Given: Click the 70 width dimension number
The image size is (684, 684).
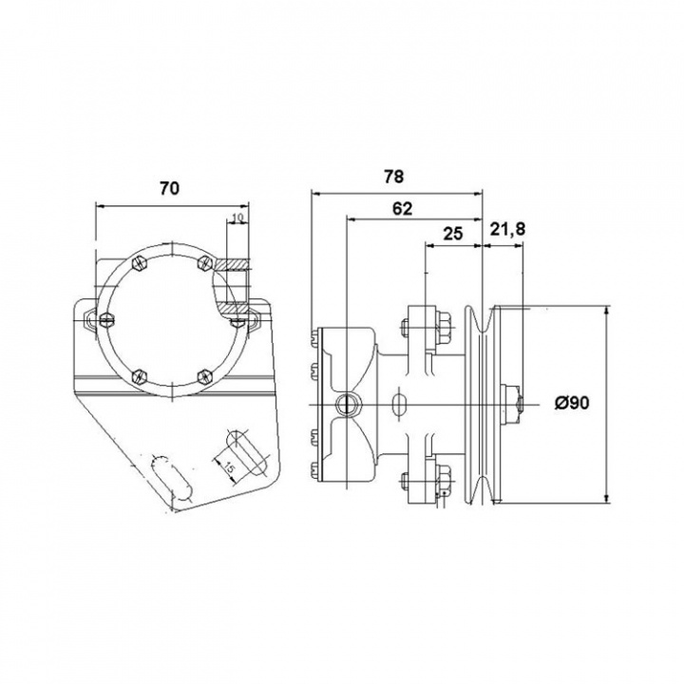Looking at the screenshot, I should [168, 188].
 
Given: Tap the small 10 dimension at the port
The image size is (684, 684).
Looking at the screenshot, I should [237, 219].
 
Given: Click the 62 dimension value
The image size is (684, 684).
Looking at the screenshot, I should [402, 209].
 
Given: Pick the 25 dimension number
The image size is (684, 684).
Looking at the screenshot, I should [453, 234].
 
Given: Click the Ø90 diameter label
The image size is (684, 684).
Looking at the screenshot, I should [573, 404].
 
